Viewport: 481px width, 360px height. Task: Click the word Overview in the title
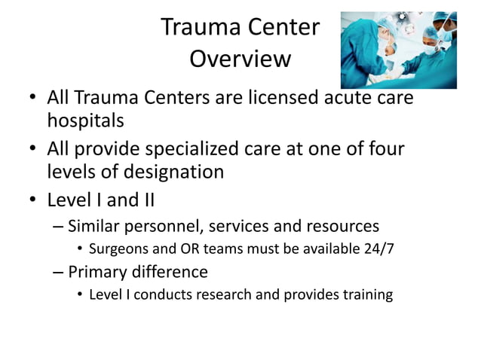(240, 58)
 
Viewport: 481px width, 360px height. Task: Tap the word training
(366, 294)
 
